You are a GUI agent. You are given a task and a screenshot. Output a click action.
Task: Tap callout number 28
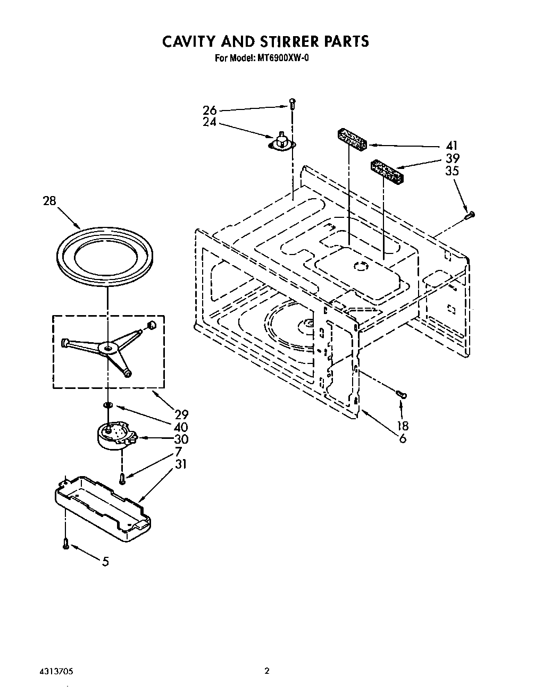(x=49, y=201)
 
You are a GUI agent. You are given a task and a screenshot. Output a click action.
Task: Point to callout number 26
(x=210, y=111)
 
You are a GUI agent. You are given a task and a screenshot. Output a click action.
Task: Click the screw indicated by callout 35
(x=469, y=215)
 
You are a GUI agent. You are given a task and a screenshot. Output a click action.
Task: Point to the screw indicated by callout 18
(x=401, y=394)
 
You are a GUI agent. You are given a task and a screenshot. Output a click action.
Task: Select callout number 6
(x=403, y=439)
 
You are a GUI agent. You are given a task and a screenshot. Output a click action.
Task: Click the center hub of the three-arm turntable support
(x=108, y=348)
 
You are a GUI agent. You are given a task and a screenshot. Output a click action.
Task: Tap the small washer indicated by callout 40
(x=107, y=405)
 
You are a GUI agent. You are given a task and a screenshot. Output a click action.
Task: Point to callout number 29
(x=181, y=414)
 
